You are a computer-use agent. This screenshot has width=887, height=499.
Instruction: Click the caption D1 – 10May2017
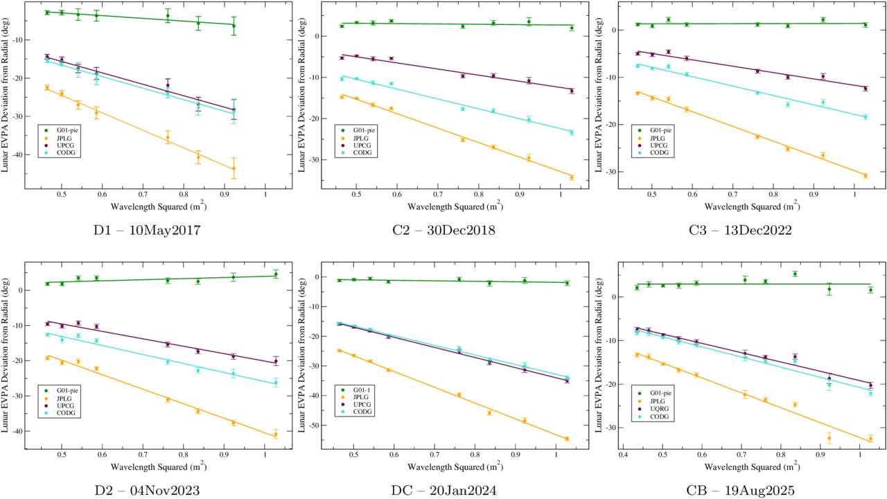click(148, 230)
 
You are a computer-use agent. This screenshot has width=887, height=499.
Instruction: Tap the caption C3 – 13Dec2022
click(739, 230)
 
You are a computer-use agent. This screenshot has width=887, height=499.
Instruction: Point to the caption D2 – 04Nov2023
click(148, 491)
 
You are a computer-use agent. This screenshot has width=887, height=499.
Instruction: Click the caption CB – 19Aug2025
click(739, 491)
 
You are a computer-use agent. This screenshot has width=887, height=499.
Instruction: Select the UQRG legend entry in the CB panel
click(656, 409)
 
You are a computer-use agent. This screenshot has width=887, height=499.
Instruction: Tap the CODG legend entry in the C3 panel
click(655, 152)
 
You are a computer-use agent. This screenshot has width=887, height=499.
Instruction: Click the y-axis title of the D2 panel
click(6, 358)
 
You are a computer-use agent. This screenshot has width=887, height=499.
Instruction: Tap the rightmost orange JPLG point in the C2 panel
click(572, 177)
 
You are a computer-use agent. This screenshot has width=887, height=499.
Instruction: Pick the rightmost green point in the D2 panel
click(275, 274)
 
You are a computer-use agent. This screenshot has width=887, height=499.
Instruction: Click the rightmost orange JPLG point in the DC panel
click(567, 439)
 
